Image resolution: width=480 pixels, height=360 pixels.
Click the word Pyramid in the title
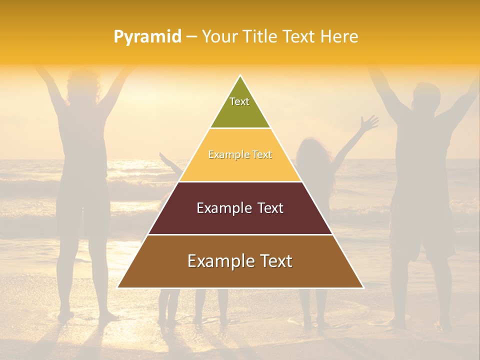coord(147,37)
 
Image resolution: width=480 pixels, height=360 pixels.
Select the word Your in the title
coord(220,36)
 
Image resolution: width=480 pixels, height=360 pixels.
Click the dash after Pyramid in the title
coord(191,37)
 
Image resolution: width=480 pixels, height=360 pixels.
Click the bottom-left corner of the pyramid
coord(118,287)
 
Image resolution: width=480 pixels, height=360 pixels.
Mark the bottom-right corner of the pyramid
coord(363,287)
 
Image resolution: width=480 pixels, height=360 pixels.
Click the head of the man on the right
coord(425,97)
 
